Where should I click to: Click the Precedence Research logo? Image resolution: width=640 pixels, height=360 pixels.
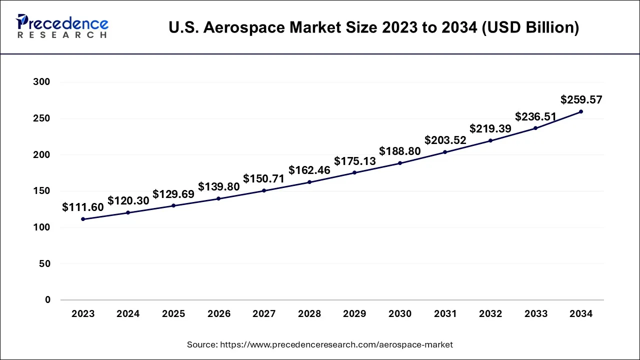pos(62,26)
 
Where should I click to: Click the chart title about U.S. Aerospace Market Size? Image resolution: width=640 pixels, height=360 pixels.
pos(373,27)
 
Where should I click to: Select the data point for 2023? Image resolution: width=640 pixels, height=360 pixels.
pos(83,219)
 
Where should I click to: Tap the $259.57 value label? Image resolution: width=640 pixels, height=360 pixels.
pos(581,99)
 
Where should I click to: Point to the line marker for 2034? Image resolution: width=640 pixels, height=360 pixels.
pos(581,111)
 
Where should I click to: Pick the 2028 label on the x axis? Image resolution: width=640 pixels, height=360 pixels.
pos(309,314)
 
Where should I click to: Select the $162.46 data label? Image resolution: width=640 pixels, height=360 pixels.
pos(309,170)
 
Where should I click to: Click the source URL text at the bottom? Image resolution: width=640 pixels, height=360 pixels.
pos(320,344)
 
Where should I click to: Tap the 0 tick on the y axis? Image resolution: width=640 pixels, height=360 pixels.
pos(47,300)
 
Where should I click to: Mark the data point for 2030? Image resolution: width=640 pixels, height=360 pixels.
pos(400,163)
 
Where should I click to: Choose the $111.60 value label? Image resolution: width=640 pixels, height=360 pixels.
pos(83,207)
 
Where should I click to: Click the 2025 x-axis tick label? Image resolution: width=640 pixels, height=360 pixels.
pos(173,314)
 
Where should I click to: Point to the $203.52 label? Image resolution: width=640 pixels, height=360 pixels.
pos(445,140)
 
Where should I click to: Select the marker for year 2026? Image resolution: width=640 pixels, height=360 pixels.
pos(219,198)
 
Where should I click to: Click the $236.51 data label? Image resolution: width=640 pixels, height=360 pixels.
pos(535,116)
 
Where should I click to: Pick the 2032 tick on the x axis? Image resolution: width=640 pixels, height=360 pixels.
pos(490,314)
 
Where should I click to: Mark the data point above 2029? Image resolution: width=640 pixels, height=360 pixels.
pos(354,172)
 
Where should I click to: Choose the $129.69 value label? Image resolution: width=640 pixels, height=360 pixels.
pos(173,194)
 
